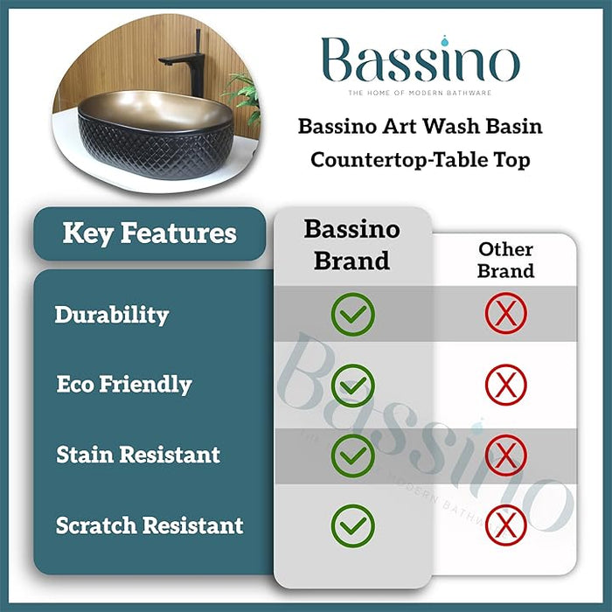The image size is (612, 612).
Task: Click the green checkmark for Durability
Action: pos(352,314)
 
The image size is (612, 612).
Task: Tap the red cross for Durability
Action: pos(505,314)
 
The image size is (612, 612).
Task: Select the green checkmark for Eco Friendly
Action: pos(352,385)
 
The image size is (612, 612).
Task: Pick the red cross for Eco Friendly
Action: pos(505,385)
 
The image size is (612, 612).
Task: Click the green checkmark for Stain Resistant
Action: pos(352,456)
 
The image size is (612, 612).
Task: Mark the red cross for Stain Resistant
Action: pos(505,456)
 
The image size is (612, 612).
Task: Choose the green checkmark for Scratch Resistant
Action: pos(352,525)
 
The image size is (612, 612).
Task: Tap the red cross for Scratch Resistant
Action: pos(505,525)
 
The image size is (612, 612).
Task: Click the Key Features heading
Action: pos(150,233)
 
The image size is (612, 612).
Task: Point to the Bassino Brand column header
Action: pos(351,245)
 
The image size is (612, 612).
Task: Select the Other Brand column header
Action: pos(505,261)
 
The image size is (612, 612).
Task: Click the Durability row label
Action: pos(112,315)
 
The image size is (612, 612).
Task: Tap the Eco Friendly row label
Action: pos(124,385)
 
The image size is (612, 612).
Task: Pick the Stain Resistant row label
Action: pos(138,456)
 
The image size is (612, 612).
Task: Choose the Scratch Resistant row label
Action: pos(150,526)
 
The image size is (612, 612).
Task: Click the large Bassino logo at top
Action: pos(419,61)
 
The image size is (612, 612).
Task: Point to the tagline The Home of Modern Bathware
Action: pos(419,93)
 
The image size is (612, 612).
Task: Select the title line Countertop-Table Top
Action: pos(421,161)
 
